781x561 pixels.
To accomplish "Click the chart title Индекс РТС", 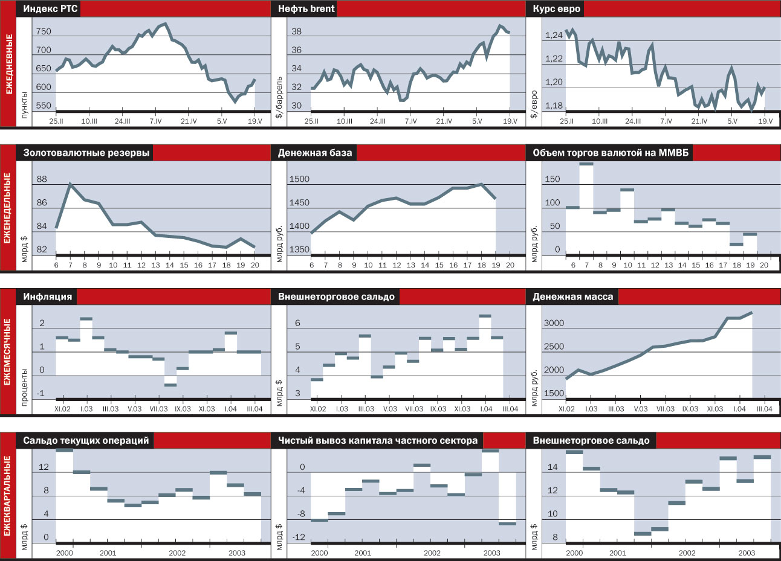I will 50,8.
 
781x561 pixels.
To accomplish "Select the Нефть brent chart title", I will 306,8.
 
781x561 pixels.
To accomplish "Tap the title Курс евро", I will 556,8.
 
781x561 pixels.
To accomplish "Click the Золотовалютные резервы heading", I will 86,153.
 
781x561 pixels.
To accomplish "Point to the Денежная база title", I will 314,153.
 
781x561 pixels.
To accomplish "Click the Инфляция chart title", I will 48,297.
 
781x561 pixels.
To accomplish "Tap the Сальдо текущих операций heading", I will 86,440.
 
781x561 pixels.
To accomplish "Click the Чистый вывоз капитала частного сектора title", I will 378,440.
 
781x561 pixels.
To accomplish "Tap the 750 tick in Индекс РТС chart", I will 44,32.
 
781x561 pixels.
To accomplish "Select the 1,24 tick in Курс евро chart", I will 553,36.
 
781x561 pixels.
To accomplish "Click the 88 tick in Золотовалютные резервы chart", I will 42,179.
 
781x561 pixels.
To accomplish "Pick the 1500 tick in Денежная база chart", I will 299,179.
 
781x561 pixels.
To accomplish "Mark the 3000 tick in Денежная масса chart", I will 554,324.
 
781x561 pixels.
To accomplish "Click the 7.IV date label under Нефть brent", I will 410,121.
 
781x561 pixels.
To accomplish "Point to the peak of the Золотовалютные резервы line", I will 70,184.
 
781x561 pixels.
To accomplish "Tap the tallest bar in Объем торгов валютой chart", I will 586,164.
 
